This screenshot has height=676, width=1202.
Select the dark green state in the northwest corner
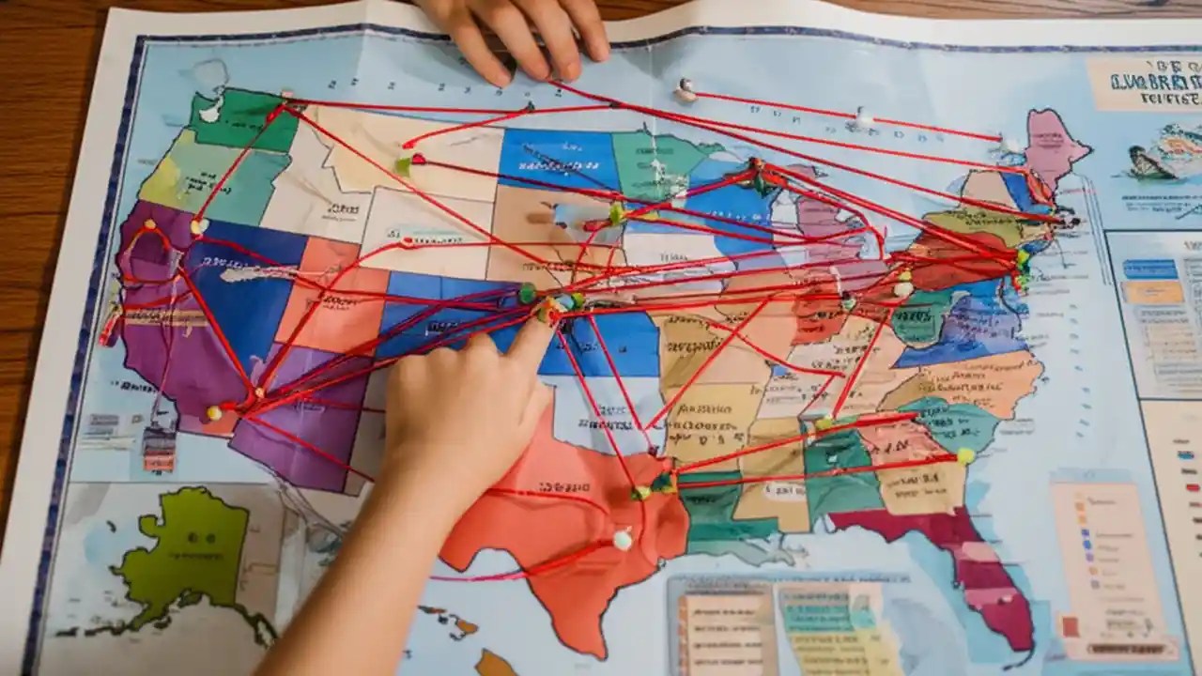pos(239,117)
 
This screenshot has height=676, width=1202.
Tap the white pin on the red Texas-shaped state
pos(622,540)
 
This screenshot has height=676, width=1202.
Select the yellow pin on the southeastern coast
pos(964,456)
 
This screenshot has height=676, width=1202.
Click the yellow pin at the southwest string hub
pos(214,412)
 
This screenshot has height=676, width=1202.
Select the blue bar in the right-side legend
pos(1149,269)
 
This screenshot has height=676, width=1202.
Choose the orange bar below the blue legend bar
pos(1152,292)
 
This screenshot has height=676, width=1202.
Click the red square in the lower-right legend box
pos(1069,625)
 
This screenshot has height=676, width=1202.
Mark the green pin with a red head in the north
pos(408,164)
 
